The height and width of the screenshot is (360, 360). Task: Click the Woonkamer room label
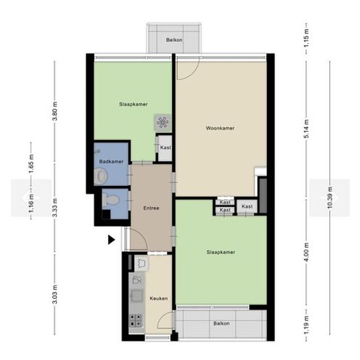220,128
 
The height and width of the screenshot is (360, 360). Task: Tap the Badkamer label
111,162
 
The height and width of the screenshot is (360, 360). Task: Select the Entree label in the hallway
151,208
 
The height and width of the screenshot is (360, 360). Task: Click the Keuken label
158,298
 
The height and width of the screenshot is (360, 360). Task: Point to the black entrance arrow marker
111,240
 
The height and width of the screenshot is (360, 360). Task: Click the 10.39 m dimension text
330,198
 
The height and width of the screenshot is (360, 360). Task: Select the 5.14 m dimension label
306,129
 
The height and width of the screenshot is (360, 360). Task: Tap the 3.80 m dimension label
55,111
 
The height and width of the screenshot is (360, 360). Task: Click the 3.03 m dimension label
55,294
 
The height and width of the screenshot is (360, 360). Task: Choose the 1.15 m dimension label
306,38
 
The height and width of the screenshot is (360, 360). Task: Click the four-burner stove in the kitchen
136,320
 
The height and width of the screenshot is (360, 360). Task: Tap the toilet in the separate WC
111,199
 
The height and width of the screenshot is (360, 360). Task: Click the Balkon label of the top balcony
174,40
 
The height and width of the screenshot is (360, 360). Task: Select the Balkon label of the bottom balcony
221,323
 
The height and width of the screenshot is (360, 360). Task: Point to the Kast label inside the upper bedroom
166,147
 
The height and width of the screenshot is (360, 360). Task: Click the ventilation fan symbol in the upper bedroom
163,122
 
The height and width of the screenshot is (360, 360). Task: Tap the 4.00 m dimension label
306,252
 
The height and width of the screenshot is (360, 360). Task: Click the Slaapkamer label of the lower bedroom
221,252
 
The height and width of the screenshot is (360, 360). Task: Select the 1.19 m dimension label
306,325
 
